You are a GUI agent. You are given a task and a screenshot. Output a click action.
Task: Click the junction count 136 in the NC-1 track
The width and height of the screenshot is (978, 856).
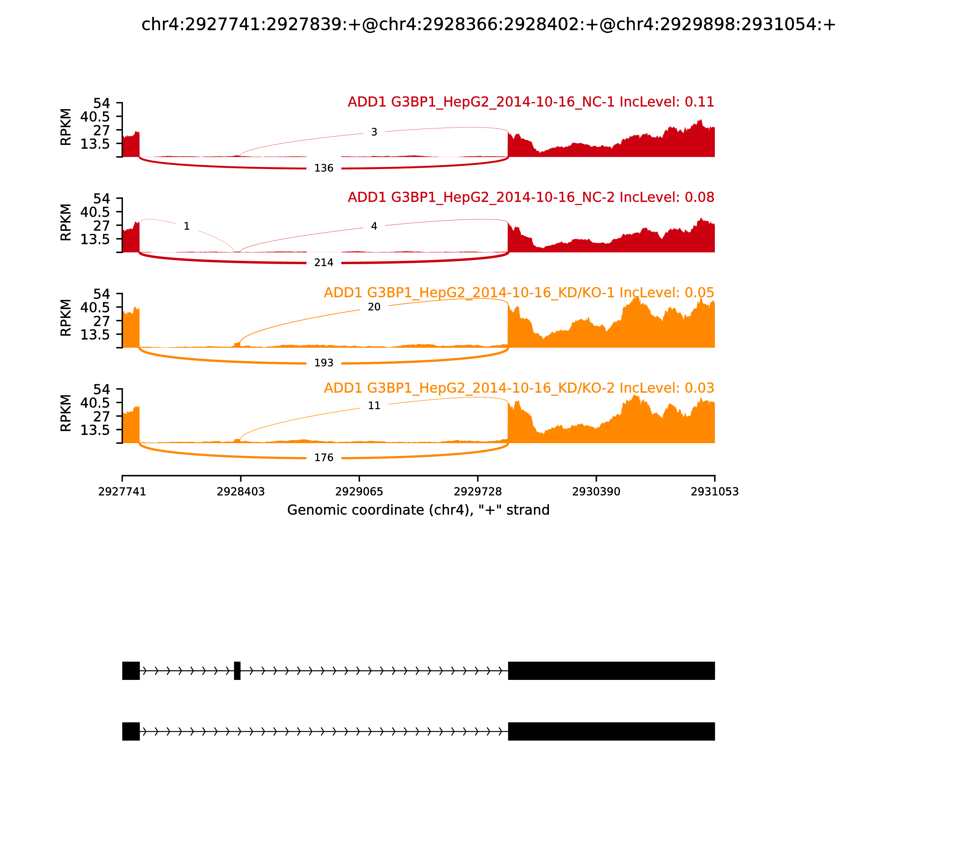pyautogui.click(x=324, y=168)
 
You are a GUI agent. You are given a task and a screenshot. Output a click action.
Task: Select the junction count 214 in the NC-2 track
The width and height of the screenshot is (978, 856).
pyautogui.click(x=324, y=263)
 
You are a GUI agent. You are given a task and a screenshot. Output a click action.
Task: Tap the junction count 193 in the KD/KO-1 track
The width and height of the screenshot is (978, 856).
pyautogui.click(x=324, y=363)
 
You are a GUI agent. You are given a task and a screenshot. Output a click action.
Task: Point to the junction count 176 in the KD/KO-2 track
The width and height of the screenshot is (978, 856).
pyautogui.click(x=324, y=458)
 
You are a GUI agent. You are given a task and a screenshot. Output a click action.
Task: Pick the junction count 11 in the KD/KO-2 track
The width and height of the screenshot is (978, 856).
pyautogui.click(x=374, y=406)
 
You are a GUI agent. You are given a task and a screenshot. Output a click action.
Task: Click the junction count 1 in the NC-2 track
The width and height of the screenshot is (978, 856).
pyautogui.click(x=187, y=227)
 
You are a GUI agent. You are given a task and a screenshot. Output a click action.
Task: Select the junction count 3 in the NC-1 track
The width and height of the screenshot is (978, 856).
pyautogui.click(x=374, y=132)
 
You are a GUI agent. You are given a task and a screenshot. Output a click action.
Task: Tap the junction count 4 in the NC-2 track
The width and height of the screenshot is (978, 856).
pyautogui.click(x=374, y=227)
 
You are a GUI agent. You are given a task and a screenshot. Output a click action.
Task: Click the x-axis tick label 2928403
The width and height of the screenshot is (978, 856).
pyautogui.click(x=241, y=492)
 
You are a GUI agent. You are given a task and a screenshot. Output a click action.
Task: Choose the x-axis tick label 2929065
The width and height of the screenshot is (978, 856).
pyautogui.click(x=359, y=492)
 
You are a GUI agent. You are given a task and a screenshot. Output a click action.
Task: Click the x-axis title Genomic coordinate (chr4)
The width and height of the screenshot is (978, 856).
pyautogui.click(x=418, y=510)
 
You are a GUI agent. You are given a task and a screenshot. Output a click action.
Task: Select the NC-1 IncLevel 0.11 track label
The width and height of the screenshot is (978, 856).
pyautogui.click(x=531, y=102)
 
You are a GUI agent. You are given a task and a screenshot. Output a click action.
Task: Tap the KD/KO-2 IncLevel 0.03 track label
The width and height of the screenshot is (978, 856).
pyautogui.click(x=519, y=388)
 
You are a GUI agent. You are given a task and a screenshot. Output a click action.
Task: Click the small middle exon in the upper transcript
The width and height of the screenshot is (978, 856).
pyautogui.click(x=237, y=671)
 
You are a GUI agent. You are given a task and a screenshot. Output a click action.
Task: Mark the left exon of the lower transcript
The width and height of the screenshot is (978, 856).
pyautogui.click(x=131, y=731)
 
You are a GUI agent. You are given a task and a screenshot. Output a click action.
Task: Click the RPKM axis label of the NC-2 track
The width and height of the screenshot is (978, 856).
pyautogui.click(x=66, y=223)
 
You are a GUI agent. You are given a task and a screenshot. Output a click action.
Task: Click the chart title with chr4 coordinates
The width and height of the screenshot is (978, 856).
pyautogui.click(x=488, y=25)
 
